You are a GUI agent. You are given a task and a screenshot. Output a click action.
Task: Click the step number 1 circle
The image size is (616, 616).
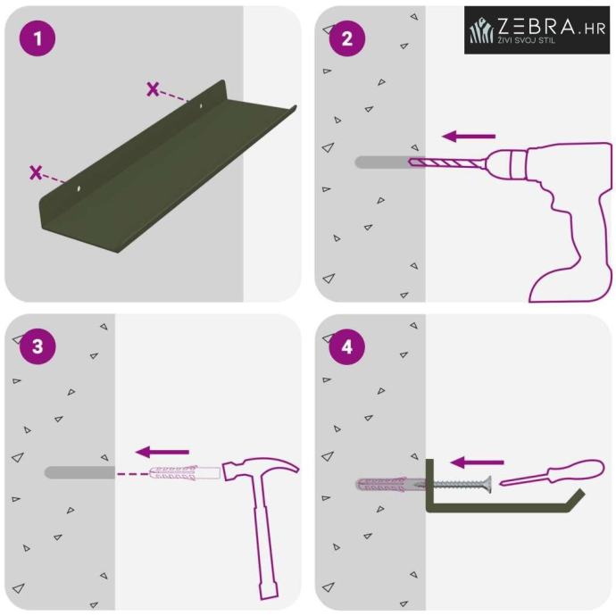click(x=37, y=38)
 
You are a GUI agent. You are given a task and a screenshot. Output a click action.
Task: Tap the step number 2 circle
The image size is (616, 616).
click(x=347, y=38)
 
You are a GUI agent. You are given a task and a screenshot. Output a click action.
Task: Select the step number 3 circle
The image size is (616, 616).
click(x=37, y=346)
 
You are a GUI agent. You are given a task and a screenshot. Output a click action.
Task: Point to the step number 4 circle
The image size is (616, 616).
click(x=347, y=347)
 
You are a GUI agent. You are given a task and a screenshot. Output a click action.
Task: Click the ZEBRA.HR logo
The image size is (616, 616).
click(x=537, y=29)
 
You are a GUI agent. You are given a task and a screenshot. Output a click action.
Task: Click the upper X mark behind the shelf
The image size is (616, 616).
click(x=153, y=89)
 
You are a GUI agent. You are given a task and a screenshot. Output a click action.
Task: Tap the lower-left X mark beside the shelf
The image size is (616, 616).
click(x=36, y=172)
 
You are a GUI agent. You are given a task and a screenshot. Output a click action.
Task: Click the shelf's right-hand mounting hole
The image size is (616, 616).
click(x=201, y=105)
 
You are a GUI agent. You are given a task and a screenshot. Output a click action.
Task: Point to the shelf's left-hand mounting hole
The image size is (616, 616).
click(x=79, y=189)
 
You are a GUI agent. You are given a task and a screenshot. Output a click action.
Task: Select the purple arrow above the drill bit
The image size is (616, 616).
click(x=469, y=137)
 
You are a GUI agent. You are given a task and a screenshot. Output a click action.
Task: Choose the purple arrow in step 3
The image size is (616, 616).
click(x=162, y=452)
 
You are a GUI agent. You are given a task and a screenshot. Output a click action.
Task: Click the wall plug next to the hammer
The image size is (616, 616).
click(x=184, y=472)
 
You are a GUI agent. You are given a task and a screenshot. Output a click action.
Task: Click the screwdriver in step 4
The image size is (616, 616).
click(x=552, y=472)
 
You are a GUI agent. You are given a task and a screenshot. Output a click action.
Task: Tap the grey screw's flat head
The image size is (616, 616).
click(x=488, y=485)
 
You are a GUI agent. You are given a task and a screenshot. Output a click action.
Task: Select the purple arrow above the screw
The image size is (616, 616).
click(x=477, y=462)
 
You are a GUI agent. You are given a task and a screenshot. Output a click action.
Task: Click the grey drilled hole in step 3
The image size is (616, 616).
click(x=79, y=472)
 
